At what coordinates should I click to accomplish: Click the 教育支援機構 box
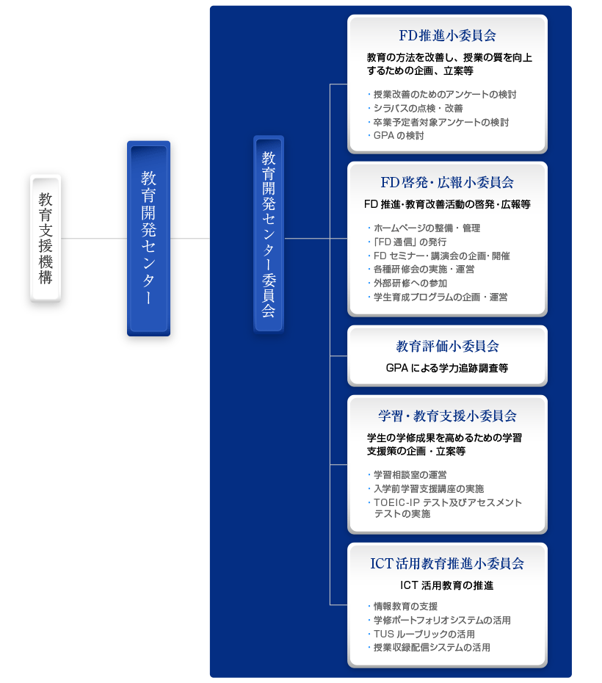(x=46, y=238)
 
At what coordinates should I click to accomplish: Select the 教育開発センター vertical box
(x=148, y=238)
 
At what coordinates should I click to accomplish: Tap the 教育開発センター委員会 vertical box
(x=269, y=234)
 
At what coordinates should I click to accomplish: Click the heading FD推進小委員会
(x=448, y=35)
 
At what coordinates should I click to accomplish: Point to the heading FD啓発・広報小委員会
(x=448, y=182)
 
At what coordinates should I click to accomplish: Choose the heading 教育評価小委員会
(x=448, y=346)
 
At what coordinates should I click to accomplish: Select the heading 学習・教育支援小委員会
(x=448, y=416)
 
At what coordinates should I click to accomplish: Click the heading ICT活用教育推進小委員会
(x=448, y=563)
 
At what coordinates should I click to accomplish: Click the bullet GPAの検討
(x=396, y=135)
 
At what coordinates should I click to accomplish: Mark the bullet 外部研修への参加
(x=407, y=283)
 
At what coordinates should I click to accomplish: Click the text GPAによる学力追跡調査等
(x=447, y=368)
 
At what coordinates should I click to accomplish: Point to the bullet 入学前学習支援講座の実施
(x=426, y=488)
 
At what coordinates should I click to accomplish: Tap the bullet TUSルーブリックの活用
(x=421, y=634)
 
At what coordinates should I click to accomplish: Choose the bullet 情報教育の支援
(x=402, y=606)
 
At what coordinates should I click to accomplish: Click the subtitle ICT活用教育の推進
(x=447, y=585)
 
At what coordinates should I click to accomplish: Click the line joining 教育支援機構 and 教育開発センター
(x=94, y=238)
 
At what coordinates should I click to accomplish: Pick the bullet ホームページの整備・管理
(x=424, y=228)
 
